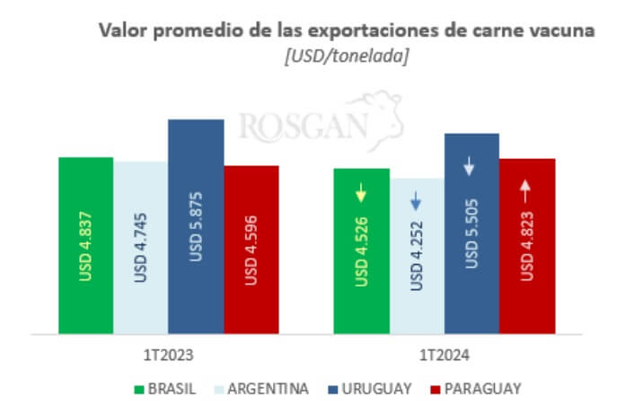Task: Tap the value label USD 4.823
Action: (527, 257)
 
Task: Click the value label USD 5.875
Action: (196, 231)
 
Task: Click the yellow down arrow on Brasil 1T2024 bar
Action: (361, 192)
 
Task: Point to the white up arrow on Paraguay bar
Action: (527, 189)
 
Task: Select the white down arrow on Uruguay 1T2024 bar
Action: (471, 166)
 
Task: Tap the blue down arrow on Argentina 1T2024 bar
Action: (416, 200)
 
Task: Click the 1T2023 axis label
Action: (168, 355)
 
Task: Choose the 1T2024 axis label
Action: (444, 355)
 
